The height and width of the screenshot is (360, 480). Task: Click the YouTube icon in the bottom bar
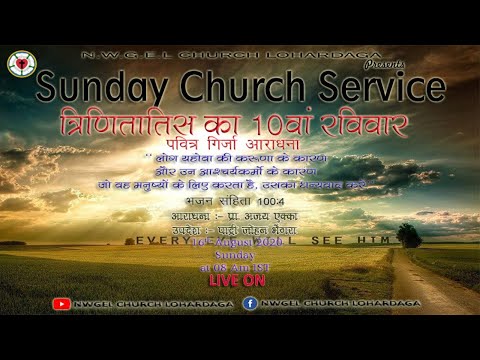[62, 304]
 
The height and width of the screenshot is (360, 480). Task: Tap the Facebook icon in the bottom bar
[250, 304]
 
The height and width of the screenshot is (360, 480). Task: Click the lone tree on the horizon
[408, 236]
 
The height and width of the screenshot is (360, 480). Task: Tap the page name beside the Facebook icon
[325, 304]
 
